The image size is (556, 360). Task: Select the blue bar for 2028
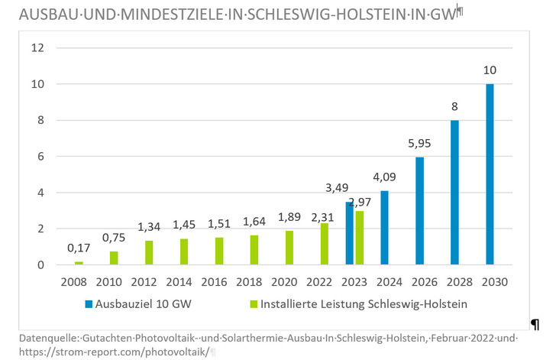pos(454,193)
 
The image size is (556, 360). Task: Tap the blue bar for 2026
pos(419,211)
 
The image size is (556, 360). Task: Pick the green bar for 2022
pos(324,244)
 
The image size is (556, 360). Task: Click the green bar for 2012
pos(149,253)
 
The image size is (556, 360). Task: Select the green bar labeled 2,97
pos(359,238)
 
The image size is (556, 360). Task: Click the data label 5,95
pos(419,143)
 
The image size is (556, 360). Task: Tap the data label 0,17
pos(79,248)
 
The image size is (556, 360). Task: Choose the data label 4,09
pos(384,177)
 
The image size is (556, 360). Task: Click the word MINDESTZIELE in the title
pos(141,15)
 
